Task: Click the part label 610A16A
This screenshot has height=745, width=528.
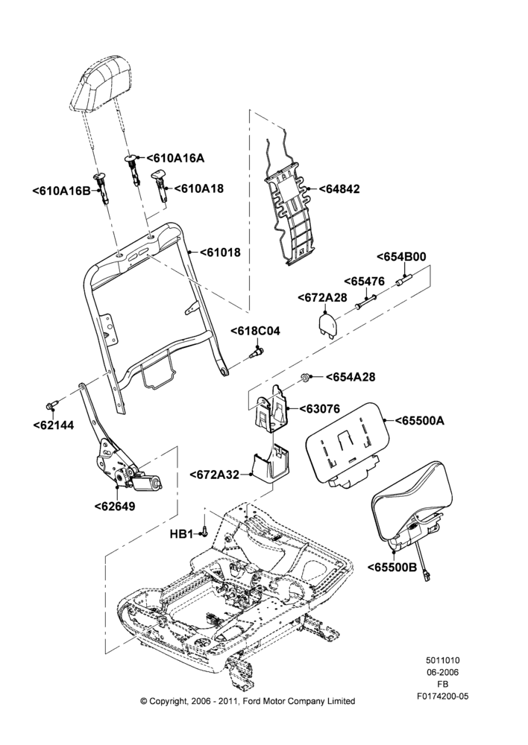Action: click(175, 158)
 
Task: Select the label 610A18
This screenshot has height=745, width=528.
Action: click(198, 188)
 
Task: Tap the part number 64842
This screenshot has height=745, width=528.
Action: click(339, 188)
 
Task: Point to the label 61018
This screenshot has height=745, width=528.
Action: click(220, 253)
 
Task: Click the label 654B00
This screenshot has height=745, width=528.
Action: click(401, 256)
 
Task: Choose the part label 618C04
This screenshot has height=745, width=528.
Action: click(256, 332)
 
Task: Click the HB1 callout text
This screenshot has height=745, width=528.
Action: click(180, 534)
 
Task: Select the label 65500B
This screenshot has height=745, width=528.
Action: click(392, 567)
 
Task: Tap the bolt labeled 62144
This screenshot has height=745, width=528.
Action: click(52, 405)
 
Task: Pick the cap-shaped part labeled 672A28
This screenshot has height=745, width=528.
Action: click(327, 323)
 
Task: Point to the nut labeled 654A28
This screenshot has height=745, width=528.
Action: click(303, 378)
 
